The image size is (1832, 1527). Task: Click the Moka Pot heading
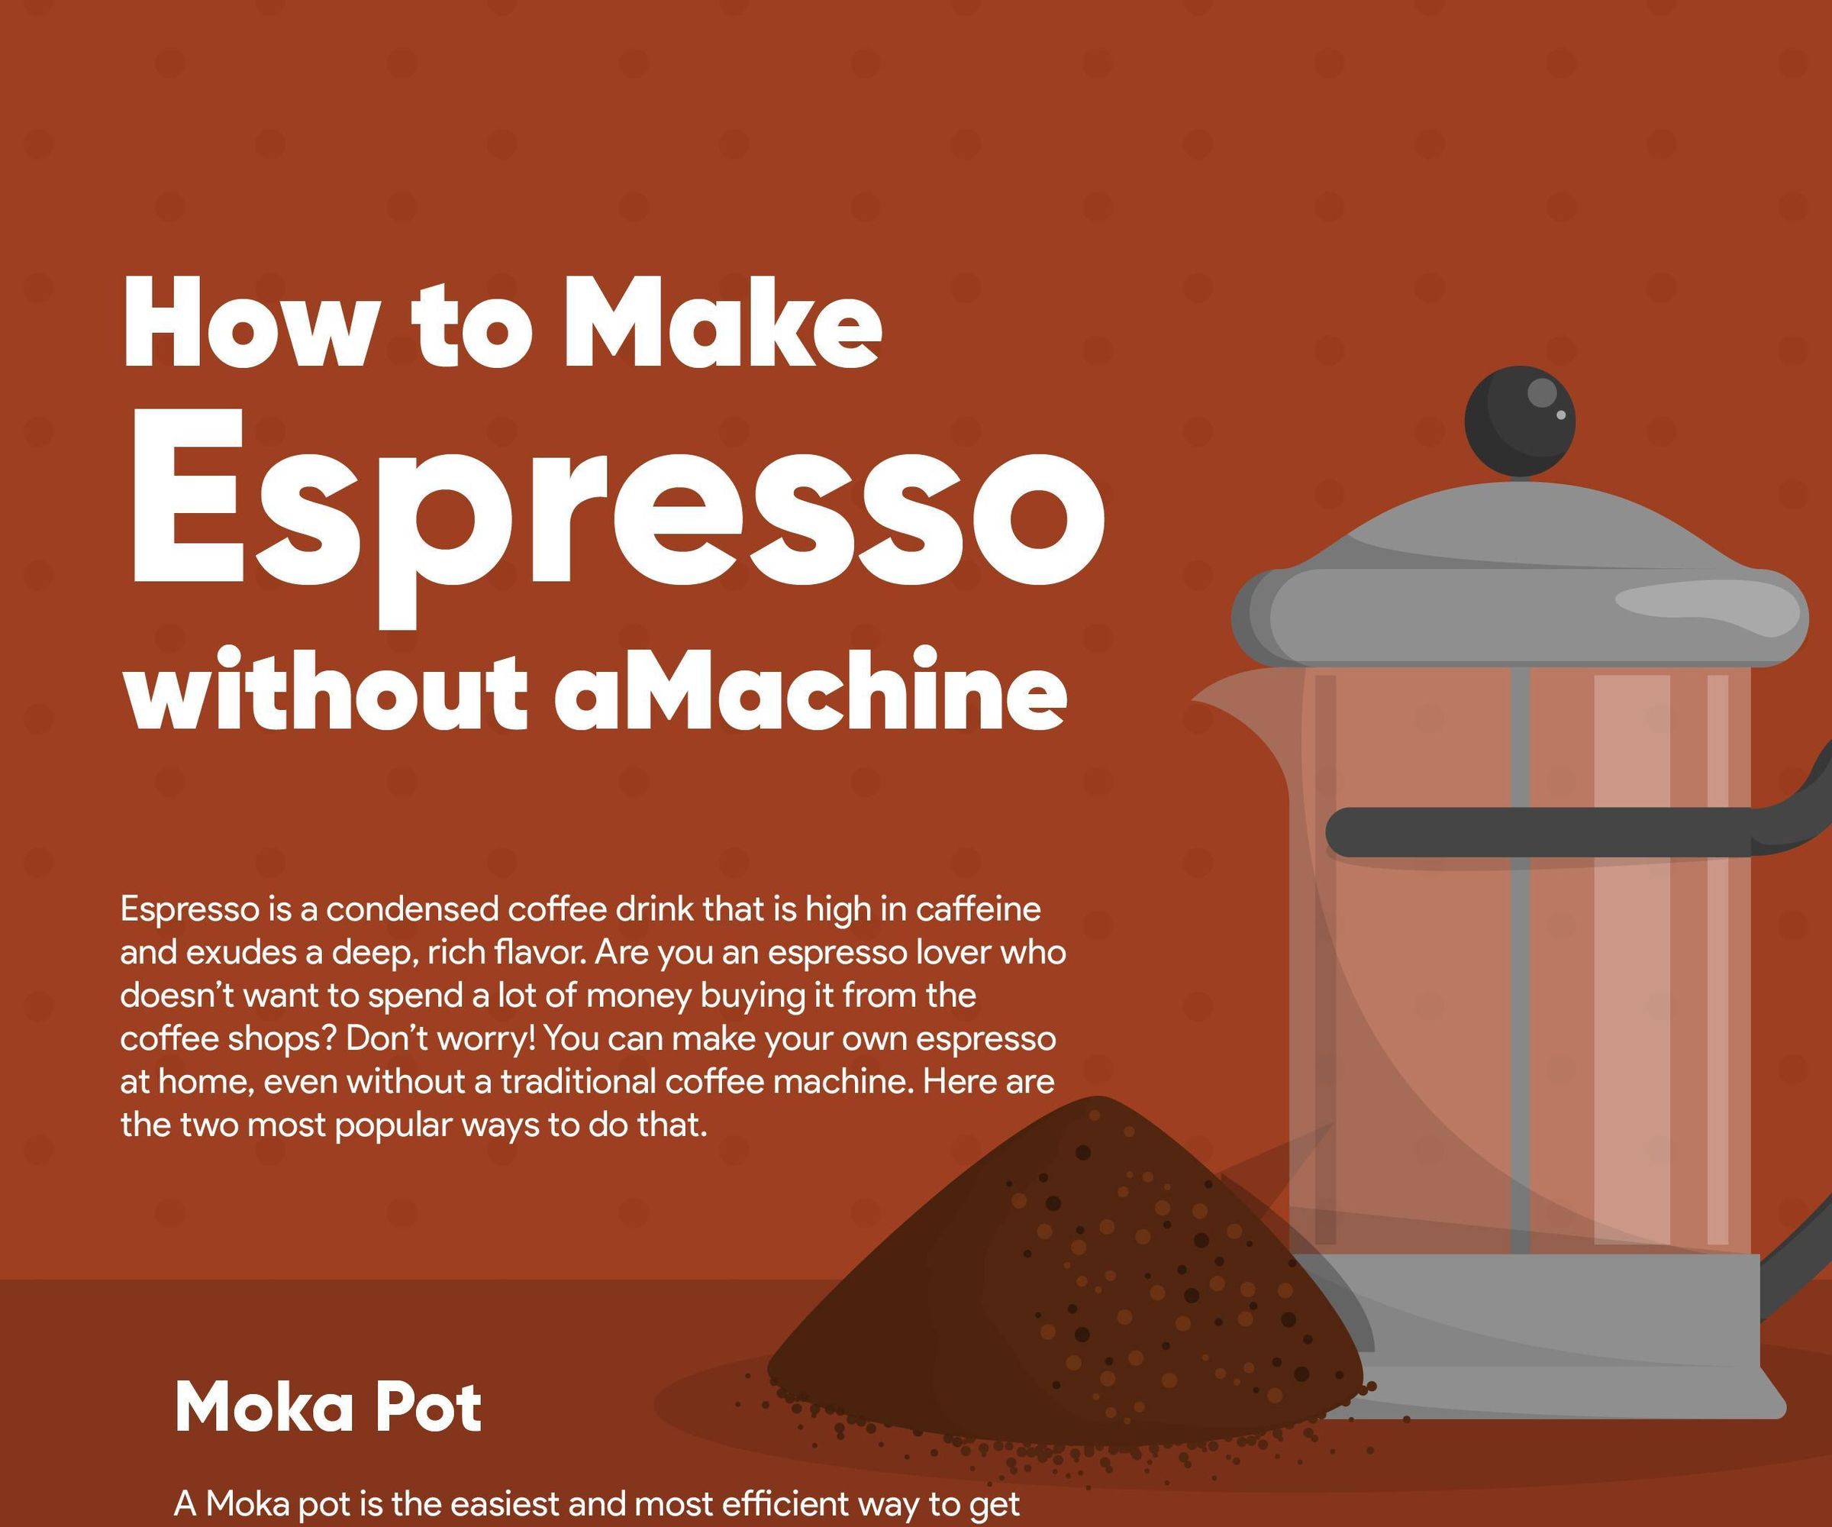327,1407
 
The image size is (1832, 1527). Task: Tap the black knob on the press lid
1519,421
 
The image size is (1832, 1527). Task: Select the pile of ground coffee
1073,1291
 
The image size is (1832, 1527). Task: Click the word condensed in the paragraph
411,910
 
